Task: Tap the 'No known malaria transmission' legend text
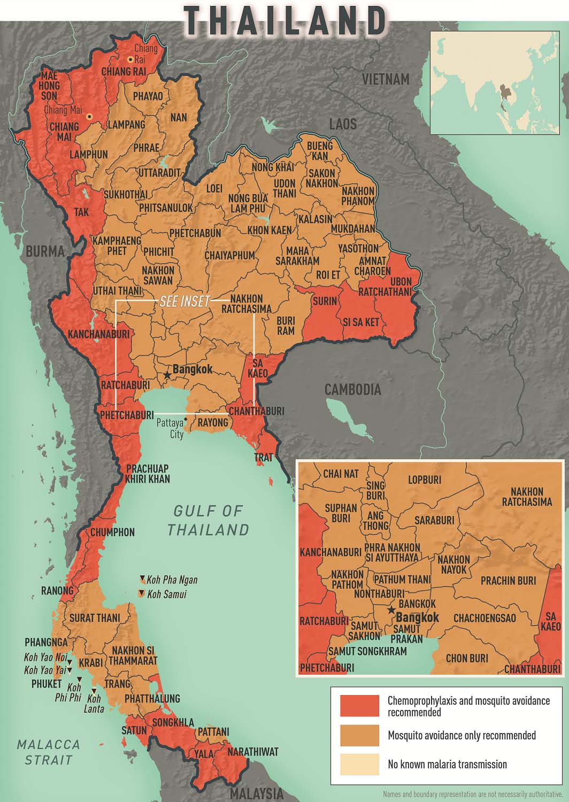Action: [447, 765]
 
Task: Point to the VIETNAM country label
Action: [385, 79]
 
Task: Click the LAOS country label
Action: [342, 125]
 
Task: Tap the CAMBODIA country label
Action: [353, 389]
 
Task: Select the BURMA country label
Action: [45, 251]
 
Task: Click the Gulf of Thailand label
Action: [208, 520]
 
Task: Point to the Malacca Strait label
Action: [48, 751]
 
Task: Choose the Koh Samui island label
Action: [167, 594]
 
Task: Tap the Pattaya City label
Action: [170, 428]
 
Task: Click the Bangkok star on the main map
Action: [167, 375]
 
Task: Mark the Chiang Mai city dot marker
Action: [90, 116]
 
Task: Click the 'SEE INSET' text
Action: [184, 302]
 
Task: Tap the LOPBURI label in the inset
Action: [424, 480]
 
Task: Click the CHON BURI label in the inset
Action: [467, 658]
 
